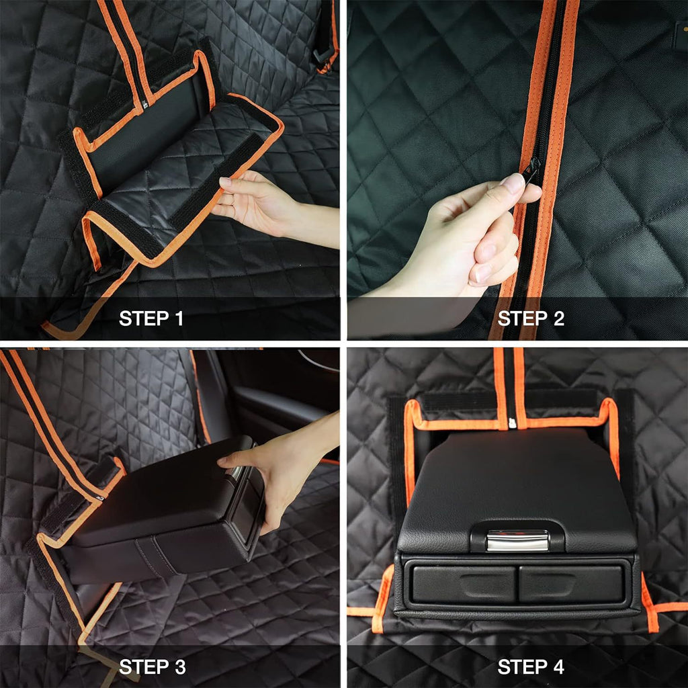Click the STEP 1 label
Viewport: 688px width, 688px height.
tap(150, 318)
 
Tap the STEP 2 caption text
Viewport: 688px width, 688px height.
tap(531, 318)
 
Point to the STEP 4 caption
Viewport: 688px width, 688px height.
tap(531, 666)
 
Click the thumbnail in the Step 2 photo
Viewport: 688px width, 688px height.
tap(514, 183)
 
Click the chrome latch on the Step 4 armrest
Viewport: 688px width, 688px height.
tap(517, 540)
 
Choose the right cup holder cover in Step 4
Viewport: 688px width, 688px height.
tap(571, 583)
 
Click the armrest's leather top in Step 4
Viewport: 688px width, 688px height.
tap(517, 484)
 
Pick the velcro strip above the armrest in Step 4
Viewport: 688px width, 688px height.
tap(457, 402)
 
